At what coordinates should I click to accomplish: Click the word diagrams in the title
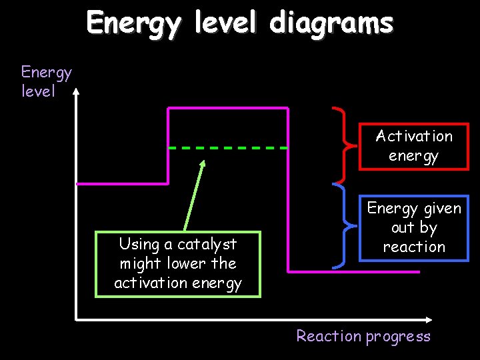[x=331, y=24]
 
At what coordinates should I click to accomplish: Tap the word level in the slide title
[x=226, y=24]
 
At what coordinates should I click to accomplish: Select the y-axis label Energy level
[x=45, y=81]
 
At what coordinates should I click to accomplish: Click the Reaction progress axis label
[x=363, y=336]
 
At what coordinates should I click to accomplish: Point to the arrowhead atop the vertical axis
[x=77, y=93]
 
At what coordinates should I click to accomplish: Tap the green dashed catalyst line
[x=227, y=147]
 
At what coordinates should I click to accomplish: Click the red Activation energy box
[x=413, y=146]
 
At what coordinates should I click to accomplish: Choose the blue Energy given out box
[x=413, y=227]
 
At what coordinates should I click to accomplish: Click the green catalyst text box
[x=177, y=264]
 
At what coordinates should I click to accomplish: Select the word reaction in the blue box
[x=413, y=247]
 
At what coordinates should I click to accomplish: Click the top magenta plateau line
[x=227, y=107]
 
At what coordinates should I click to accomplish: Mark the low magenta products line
[x=353, y=271]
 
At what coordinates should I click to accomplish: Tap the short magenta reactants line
[x=122, y=183]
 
